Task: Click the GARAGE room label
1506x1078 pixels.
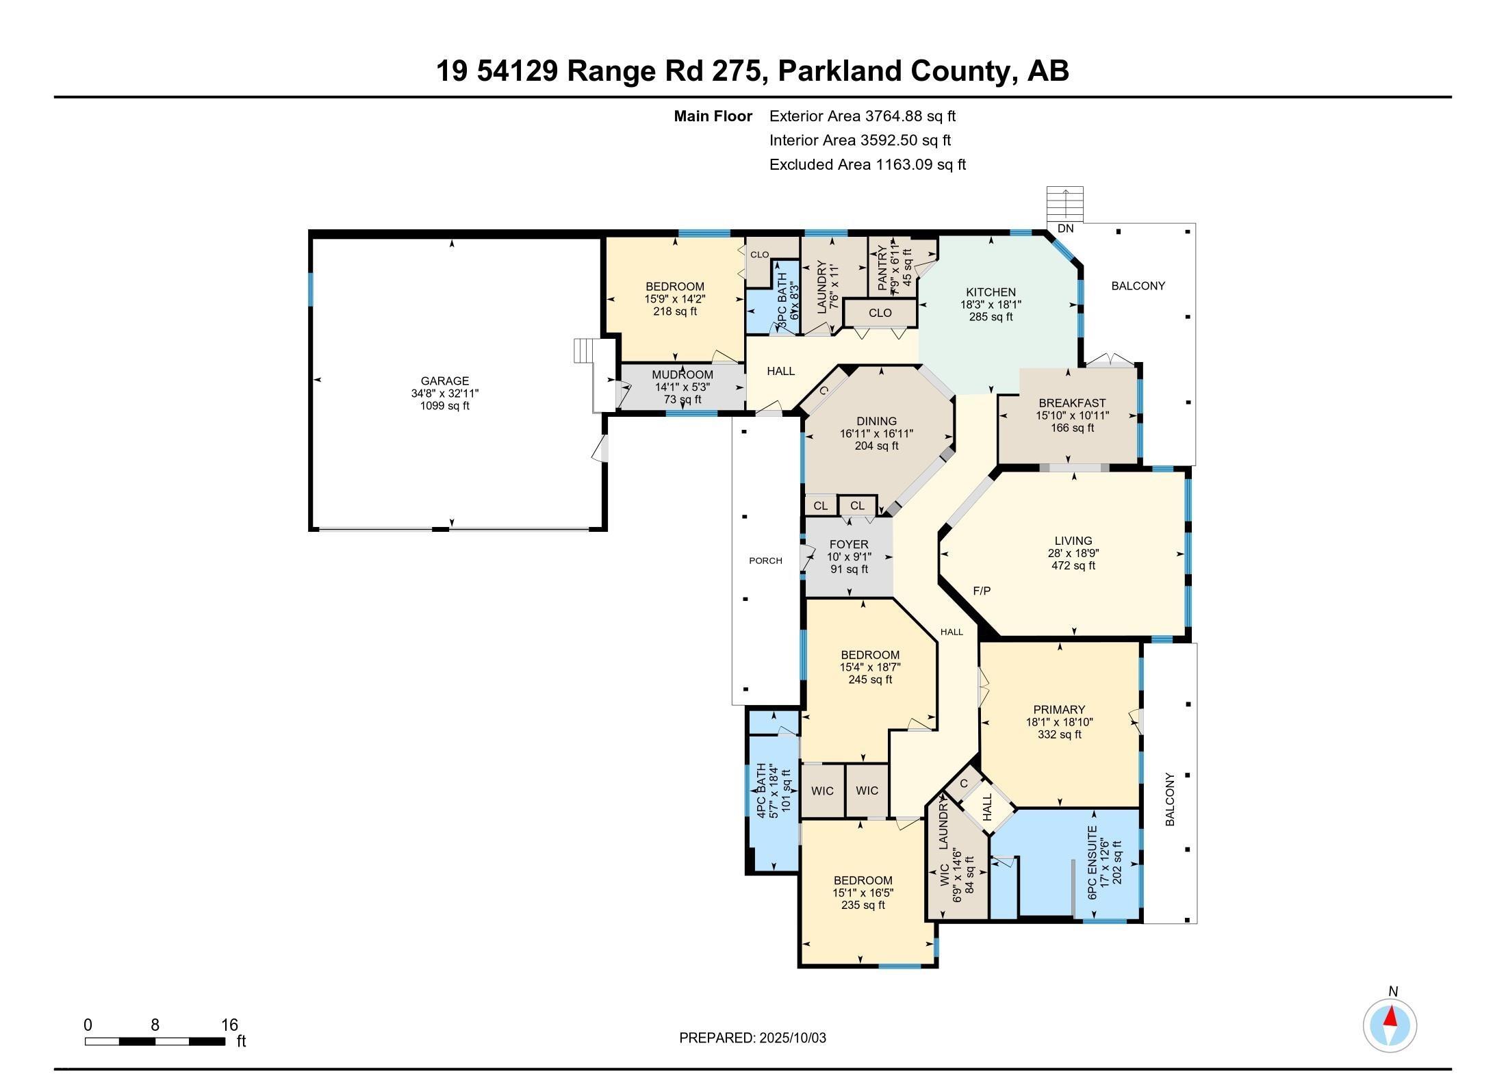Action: [444, 381]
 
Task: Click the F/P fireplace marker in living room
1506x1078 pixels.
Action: [982, 591]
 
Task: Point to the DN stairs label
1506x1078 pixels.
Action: [1065, 229]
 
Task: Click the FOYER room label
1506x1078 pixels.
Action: [849, 545]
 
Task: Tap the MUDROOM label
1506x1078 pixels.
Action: [682, 375]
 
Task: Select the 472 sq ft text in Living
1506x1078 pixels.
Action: [1073, 566]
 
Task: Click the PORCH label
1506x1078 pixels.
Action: [765, 561]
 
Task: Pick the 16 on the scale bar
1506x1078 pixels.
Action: [229, 1025]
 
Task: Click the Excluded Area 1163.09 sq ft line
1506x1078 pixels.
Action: [867, 164]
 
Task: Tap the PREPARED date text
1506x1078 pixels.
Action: [752, 1038]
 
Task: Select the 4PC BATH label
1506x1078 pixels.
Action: [761, 791]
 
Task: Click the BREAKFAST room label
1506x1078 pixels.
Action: [1072, 403]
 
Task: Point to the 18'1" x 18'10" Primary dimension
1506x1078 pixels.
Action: [1059, 722]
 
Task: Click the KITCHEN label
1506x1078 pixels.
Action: [991, 292]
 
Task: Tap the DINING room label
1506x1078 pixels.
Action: [876, 422]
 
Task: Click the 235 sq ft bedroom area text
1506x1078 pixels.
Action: [863, 905]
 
